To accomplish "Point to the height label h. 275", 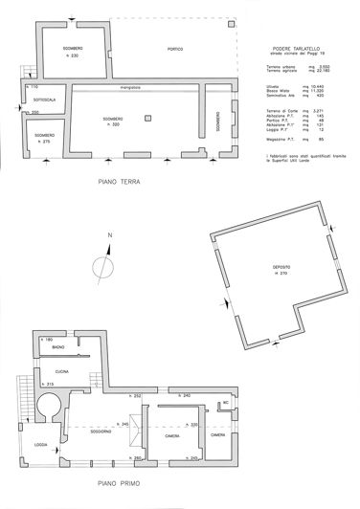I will [x=45, y=143].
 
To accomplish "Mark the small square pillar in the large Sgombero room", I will [x=146, y=118].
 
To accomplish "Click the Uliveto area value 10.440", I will [x=317, y=84].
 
